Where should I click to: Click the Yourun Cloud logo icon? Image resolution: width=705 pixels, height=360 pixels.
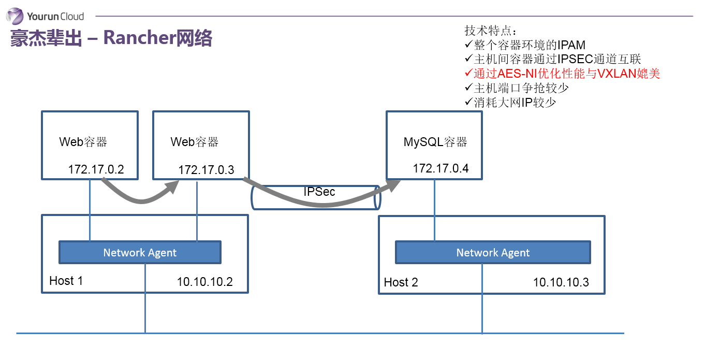coord(15,16)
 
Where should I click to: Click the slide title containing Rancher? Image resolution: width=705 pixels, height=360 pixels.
coord(111,38)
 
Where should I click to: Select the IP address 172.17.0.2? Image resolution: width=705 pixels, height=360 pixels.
coord(96,169)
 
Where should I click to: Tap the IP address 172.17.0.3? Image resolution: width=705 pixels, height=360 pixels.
coord(206,169)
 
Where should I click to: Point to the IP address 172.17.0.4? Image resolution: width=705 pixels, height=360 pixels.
coord(440,168)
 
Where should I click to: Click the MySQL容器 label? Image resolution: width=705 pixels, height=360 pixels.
coord(435,142)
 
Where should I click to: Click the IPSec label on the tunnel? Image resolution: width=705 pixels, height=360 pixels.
coord(319,192)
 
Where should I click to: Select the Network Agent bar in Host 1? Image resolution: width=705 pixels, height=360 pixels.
coord(140,253)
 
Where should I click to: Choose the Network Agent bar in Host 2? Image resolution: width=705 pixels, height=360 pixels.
coord(493,253)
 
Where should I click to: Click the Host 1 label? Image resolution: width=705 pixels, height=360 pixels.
coord(66,281)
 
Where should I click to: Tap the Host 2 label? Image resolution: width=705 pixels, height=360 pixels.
coord(401,282)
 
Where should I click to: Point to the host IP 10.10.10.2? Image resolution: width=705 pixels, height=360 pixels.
coord(204,282)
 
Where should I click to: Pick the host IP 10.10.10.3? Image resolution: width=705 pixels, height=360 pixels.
coord(561,282)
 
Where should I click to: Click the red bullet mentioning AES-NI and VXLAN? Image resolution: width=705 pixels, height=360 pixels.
coord(563,74)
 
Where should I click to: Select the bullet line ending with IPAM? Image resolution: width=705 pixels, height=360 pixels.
coord(525,45)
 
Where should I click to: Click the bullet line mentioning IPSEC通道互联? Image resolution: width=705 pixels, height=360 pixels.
coord(553,59)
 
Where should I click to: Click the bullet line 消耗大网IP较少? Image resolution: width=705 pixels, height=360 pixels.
coord(510,102)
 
